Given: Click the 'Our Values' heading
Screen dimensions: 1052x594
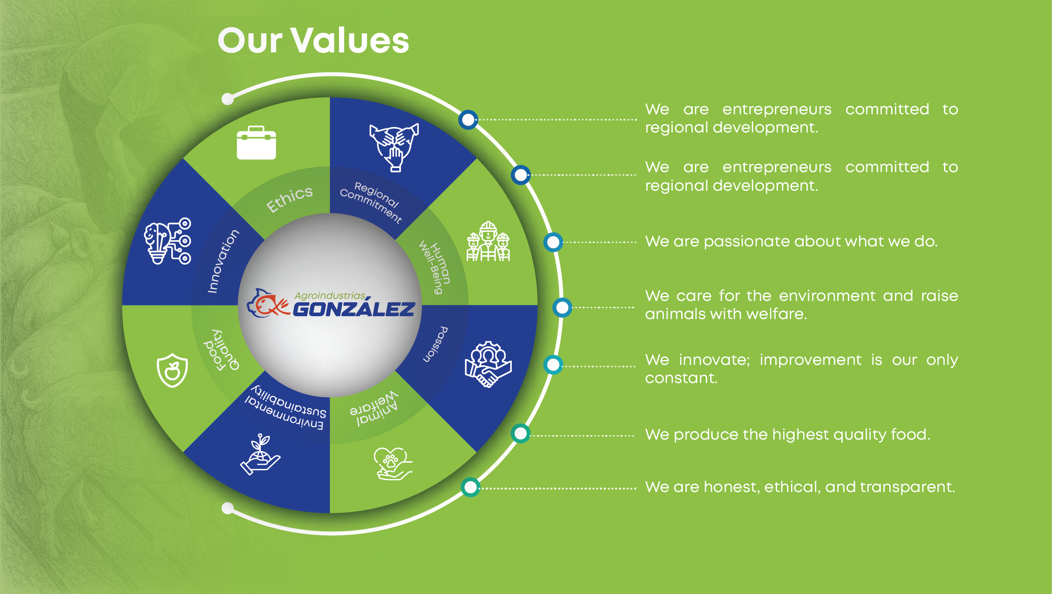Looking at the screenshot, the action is point(313,40).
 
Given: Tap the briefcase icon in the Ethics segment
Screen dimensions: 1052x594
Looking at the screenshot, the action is point(256,143).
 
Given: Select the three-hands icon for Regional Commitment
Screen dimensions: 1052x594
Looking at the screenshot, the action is point(394,147).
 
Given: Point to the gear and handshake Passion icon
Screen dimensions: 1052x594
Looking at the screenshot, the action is point(488,364).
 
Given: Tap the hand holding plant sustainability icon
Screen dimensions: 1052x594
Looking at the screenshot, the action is point(260,454).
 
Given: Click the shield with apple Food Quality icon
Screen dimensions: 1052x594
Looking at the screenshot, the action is point(172,370).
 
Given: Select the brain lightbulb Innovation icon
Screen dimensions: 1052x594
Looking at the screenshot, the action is point(167,241).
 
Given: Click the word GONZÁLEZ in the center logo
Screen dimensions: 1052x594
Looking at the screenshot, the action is point(354,309).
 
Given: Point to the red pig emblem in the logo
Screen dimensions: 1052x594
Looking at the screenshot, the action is point(268,303).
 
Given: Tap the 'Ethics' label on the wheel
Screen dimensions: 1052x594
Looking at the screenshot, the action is point(289,199).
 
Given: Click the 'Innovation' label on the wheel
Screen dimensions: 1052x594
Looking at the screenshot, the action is point(223,261).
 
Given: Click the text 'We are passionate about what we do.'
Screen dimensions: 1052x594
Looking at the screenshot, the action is point(791,241).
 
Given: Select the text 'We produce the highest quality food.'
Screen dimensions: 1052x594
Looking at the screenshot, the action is point(788,435).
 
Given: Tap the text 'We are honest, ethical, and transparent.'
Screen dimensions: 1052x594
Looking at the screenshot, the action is point(800,487).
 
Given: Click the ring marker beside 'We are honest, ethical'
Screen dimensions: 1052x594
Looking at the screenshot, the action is point(470,487).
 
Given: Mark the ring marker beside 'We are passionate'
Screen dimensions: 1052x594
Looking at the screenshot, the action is point(553,242).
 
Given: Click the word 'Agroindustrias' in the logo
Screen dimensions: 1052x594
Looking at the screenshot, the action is point(330,296).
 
